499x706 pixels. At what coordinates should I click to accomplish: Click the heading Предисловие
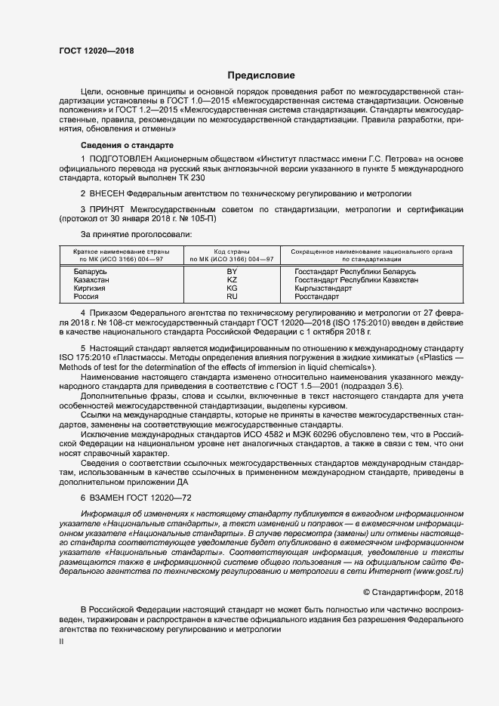pyautogui.click(x=261, y=76)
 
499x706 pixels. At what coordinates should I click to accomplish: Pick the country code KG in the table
pyautogui.click(x=232, y=288)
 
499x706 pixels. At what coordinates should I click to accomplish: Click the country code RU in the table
pyautogui.click(x=232, y=298)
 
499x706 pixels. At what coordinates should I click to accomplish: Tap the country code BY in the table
pyautogui.click(x=232, y=271)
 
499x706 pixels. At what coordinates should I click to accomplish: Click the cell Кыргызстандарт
pyautogui.click(x=323, y=288)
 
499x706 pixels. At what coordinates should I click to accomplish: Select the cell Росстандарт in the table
pyautogui.click(x=317, y=298)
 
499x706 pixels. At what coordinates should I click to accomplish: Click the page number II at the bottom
pyautogui.click(x=61, y=642)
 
